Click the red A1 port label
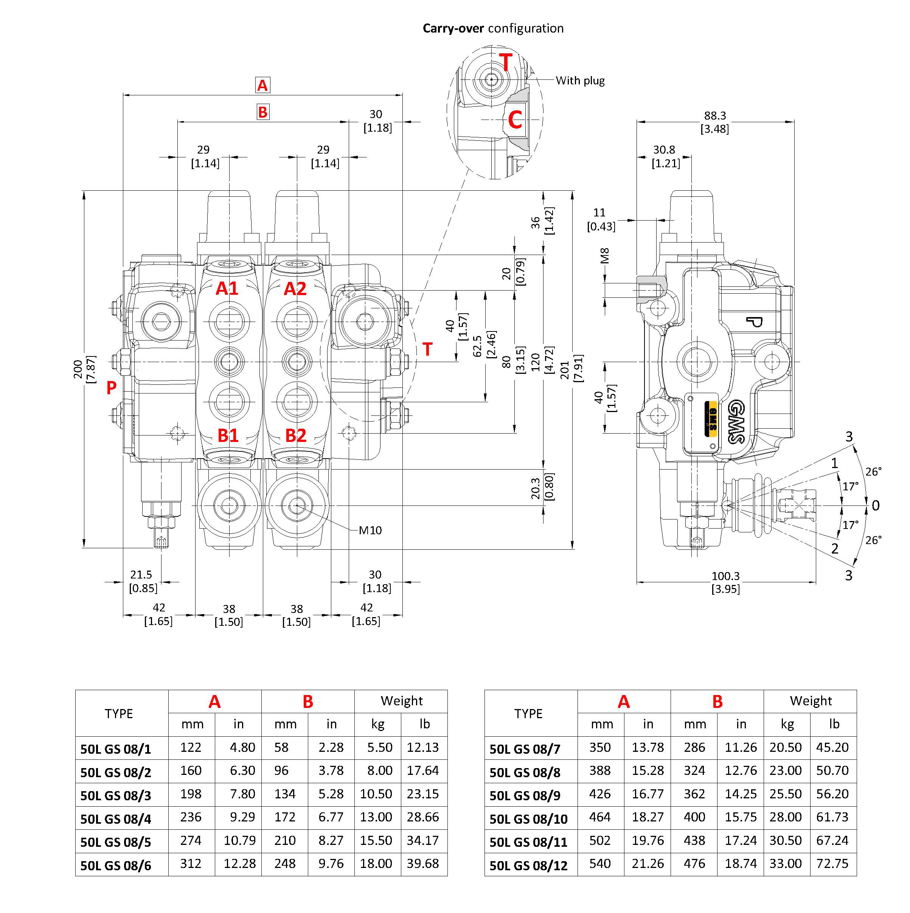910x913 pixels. (227, 288)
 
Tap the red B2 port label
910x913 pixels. (296, 435)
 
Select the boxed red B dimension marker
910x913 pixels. (263, 112)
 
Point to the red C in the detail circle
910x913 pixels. (515, 120)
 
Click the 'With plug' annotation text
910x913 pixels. (580, 81)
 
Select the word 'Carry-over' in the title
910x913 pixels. (453, 28)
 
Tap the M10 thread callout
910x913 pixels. (370, 530)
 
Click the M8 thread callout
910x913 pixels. (604, 256)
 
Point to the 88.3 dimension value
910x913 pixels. (714, 115)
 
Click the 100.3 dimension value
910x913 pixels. (725, 576)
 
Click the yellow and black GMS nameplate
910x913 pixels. (711, 419)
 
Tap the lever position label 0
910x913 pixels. (876, 505)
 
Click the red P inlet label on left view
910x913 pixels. (111, 387)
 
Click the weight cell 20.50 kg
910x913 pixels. (785, 748)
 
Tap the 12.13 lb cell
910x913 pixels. (423, 748)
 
